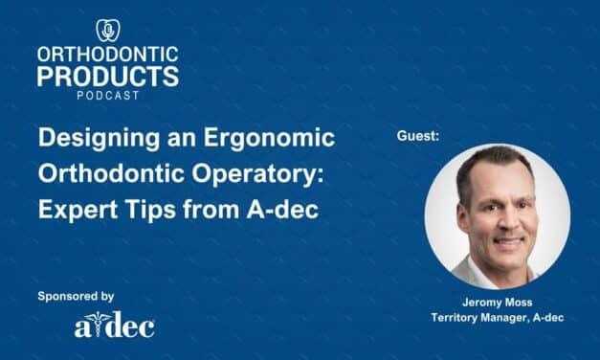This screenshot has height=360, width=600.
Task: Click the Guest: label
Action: [418, 139]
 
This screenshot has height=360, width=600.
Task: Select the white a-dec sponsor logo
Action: [114, 326]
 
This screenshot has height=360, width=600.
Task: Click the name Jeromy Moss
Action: [496, 303]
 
